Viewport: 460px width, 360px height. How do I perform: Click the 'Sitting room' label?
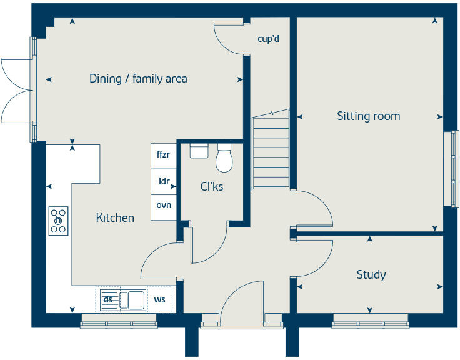tap(369, 116)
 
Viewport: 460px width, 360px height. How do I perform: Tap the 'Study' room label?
tap(371, 275)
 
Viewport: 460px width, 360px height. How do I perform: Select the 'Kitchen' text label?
tap(115, 218)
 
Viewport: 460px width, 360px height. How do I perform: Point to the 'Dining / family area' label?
tap(138, 79)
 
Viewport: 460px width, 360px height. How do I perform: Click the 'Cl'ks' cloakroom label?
tap(212, 187)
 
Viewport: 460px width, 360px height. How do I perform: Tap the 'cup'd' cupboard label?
tap(268, 39)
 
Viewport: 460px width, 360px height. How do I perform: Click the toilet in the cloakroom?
tap(224, 157)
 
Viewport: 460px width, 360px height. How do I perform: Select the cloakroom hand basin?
tap(199, 151)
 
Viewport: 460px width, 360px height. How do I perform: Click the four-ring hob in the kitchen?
tap(58, 221)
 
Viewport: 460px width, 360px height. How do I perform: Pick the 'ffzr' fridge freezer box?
tap(164, 156)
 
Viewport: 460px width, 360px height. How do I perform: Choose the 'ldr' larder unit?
tap(164, 182)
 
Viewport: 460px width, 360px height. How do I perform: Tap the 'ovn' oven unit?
tap(164, 207)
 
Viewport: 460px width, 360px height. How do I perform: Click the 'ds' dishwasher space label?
tap(108, 299)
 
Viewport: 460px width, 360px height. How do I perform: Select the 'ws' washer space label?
tap(159, 299)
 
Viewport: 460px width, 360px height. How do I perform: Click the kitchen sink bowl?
tap(136, 300)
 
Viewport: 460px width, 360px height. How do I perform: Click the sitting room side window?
tap(451, 169)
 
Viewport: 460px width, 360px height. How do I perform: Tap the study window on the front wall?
tap(370, 322)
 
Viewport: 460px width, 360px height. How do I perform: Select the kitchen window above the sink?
tap(119, 322)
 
